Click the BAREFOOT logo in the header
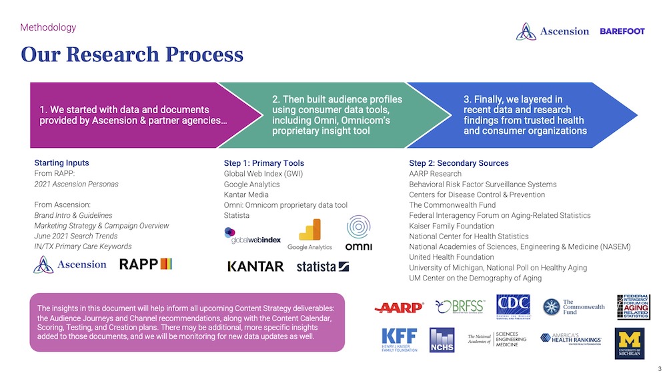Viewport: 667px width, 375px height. pos(622,31)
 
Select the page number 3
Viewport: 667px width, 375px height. pos(659,369)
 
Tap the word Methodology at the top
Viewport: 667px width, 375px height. pos(48,28)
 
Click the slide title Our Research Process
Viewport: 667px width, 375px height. pos(132,54)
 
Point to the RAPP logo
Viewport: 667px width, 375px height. pos(145,264)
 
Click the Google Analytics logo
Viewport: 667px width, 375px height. pos(309,235)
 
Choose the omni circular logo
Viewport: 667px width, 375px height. pos(358,233)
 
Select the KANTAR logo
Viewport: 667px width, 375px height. pos(255,266)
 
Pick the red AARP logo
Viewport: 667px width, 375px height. pos(399,307)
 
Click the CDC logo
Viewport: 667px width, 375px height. pos(512,306)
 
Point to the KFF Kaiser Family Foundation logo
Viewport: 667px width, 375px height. pos(399,339)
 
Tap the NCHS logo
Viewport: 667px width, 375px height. pos(442,340)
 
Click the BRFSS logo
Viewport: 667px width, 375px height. pos(460,306)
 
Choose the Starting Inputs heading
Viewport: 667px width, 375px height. pos(61,163)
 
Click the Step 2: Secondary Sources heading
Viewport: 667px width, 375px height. pos(459,163)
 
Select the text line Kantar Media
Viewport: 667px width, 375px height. pos(246,194)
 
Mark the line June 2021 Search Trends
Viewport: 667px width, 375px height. pos(75,236)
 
